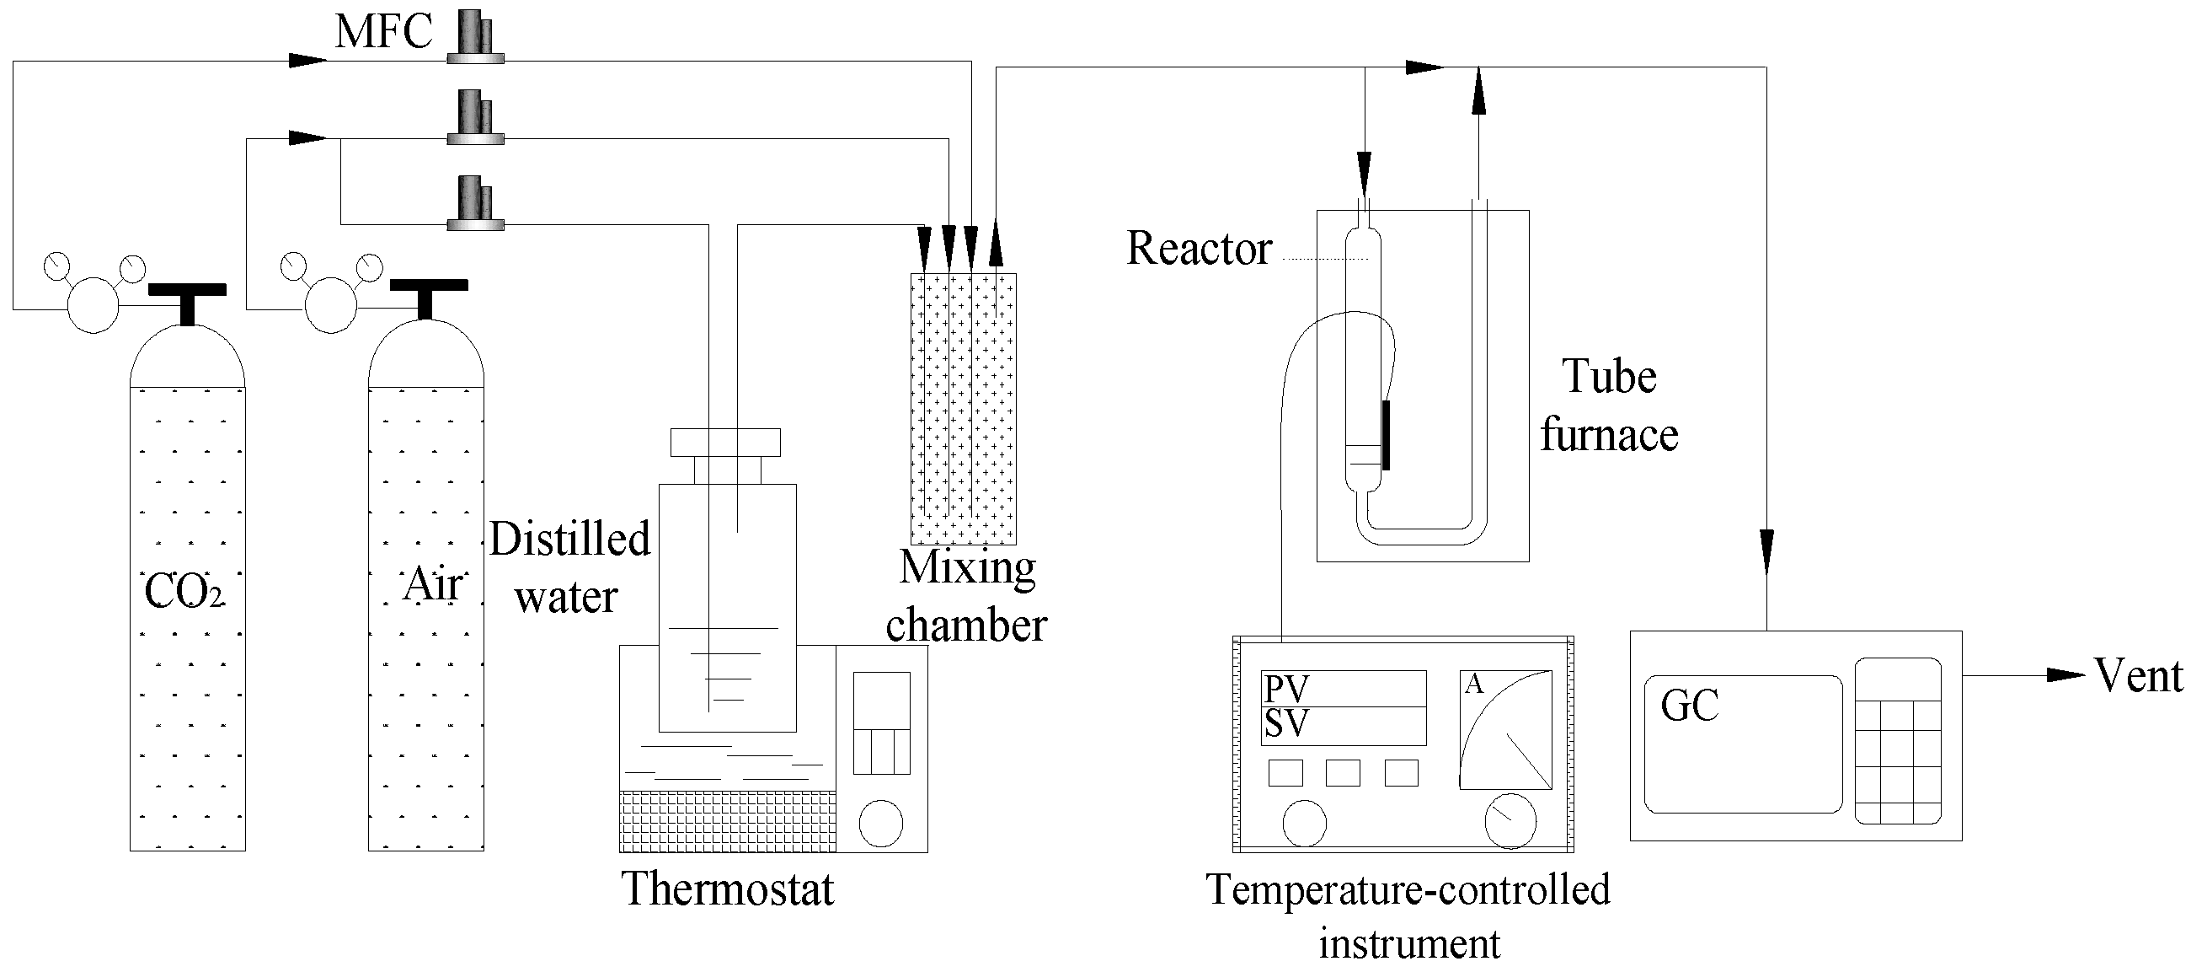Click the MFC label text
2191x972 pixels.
383,32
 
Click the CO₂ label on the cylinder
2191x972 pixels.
184,591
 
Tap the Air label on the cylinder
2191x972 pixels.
434,584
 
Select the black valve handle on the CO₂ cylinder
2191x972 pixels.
187,293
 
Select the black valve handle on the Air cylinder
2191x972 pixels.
428,288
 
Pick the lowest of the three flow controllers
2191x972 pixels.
475,204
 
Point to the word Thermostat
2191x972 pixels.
728,889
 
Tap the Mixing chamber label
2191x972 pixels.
967,596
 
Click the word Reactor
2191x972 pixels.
1199,250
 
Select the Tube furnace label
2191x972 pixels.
1608,406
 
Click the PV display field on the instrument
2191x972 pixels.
1343,689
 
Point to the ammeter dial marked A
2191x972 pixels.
1505,729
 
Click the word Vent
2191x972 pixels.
2137,677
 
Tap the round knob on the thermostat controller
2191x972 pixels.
880,823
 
